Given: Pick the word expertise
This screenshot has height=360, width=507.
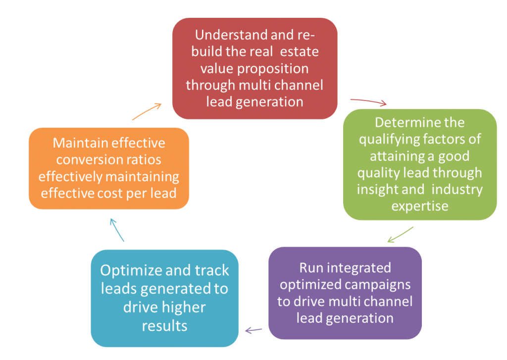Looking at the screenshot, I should (420, 206).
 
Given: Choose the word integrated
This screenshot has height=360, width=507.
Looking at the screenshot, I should (358, 268).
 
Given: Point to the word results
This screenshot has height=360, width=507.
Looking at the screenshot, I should (164, 325).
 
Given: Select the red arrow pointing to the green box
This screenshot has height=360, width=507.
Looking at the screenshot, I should (368, 102).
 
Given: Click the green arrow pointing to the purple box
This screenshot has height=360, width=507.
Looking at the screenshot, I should (400, 235).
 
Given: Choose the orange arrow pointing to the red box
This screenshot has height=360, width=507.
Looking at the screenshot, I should (147, 111).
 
